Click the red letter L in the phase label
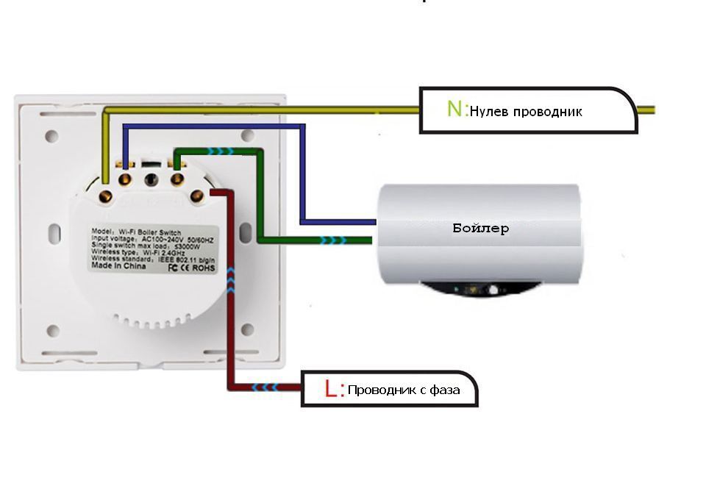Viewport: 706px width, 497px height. pos(331,388)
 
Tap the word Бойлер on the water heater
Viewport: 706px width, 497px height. pos(480,228)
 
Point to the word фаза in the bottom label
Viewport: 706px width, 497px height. pos(443,390)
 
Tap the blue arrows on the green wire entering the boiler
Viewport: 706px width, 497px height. pos(334,240)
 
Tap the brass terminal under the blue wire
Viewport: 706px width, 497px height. pos(126,178)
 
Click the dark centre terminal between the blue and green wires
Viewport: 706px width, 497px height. pos(151,179)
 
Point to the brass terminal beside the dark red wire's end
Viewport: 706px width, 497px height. pos(197,195)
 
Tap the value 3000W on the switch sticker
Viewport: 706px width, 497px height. pos(188,245)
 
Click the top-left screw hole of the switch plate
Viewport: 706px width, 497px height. pos(51,136)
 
